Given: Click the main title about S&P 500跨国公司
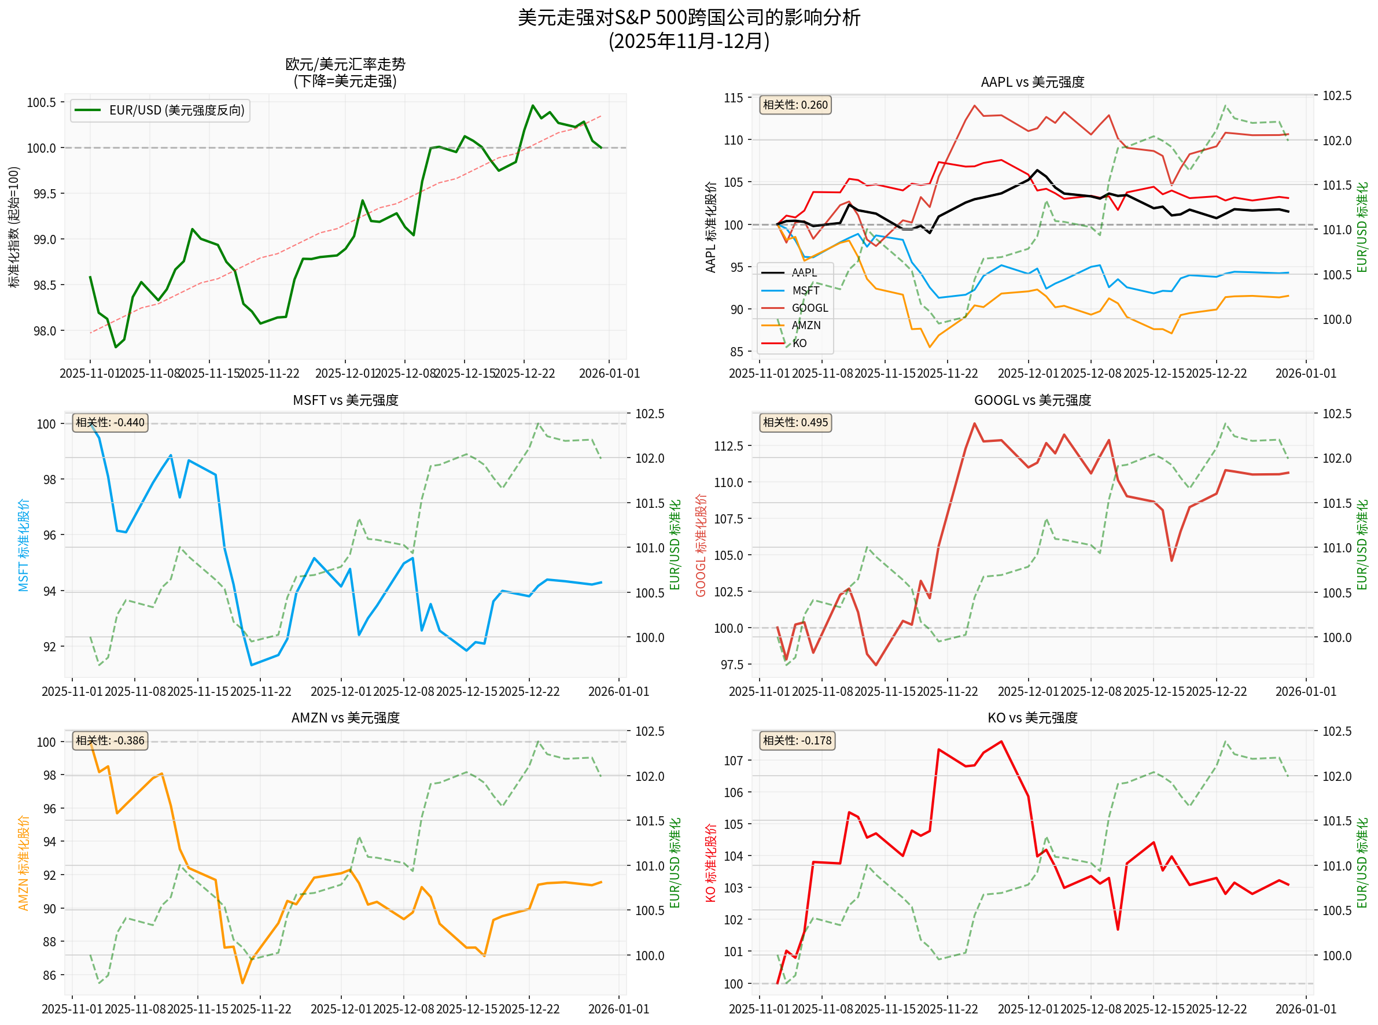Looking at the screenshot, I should (688, 17).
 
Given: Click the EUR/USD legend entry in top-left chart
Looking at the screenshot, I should (160, 110).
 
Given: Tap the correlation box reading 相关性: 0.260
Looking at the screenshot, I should (795, 105).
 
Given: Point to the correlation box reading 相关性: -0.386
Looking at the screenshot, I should (110, 741).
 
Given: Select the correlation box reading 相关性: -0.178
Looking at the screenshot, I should (797, 741).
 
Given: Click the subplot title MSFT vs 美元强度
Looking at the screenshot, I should (345, 401).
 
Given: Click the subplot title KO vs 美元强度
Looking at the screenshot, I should (1032, 718).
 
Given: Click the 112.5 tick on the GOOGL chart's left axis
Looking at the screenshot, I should (728, 446).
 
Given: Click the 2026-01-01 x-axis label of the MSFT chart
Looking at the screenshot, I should (618, 692).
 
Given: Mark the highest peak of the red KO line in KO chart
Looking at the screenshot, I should (1001, 742).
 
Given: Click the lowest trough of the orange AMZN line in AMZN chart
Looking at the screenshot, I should (242, 983).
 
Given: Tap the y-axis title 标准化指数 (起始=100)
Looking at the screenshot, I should (14, 227).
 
